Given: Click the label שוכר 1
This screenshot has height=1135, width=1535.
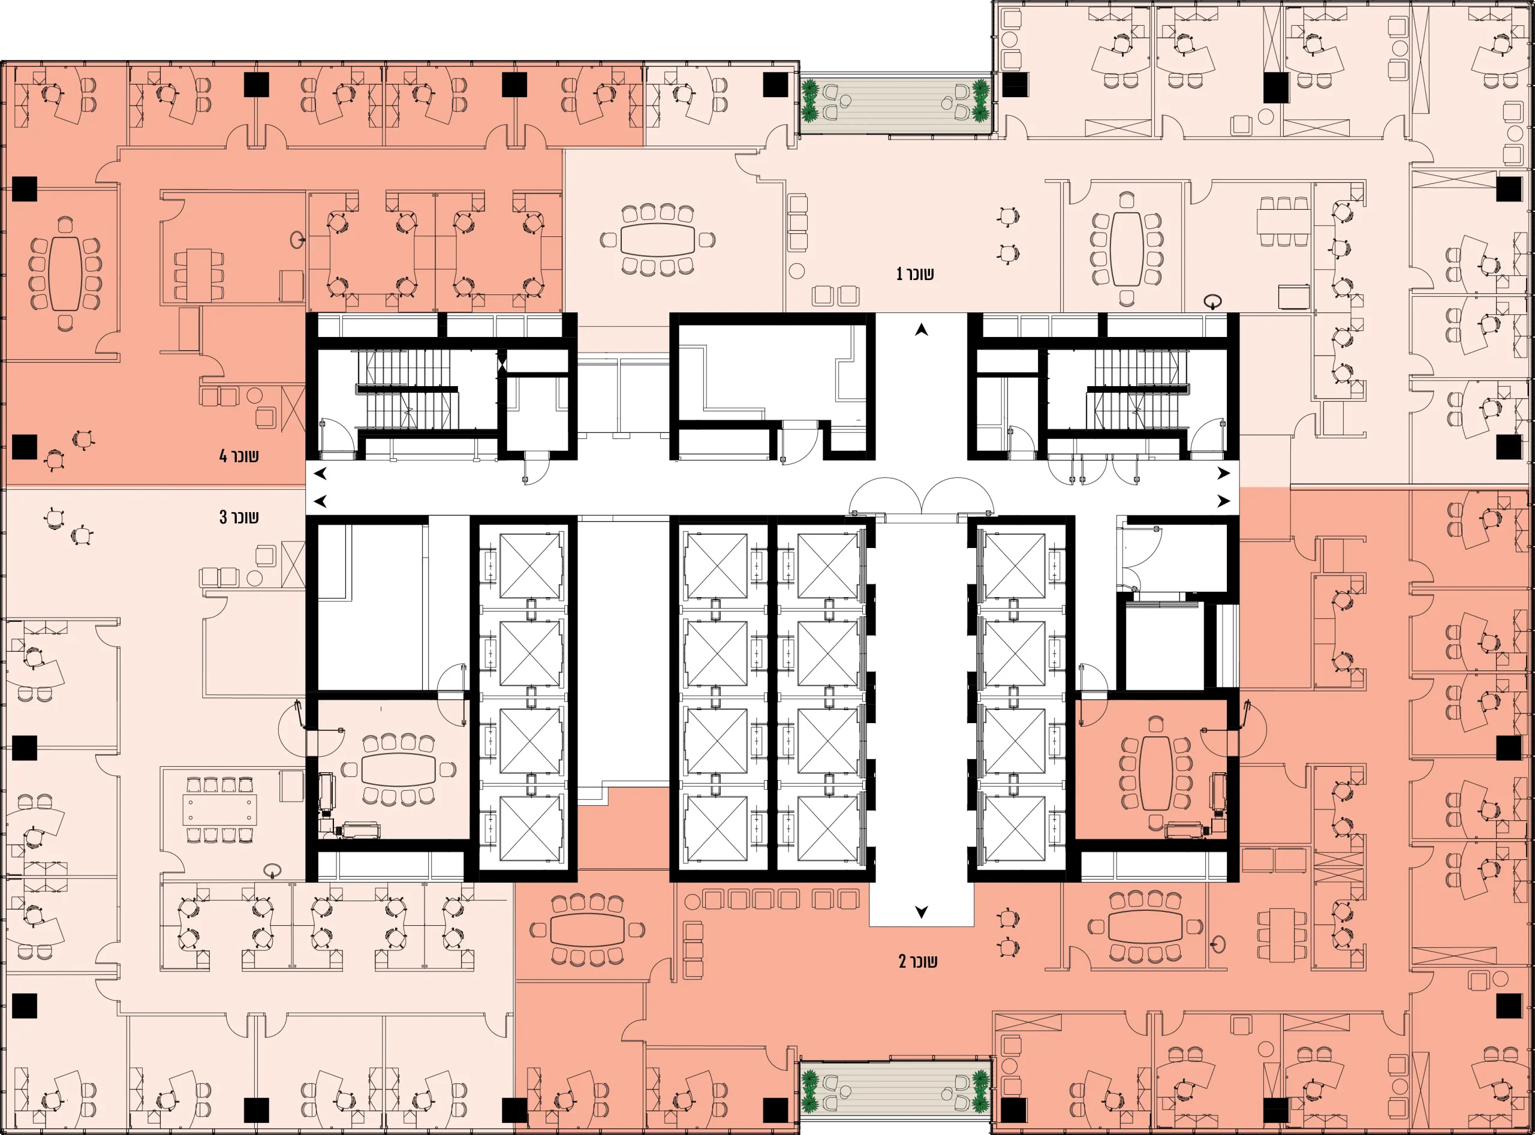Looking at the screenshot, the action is pyautogui.click(x=914, y=273).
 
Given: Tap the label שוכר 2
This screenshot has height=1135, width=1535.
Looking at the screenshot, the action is pyautogui.click(x=918, y=961).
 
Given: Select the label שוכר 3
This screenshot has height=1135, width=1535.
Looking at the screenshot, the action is pyautogui.click(x=239, y=517).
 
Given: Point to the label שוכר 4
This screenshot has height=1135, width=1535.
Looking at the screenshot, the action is pyautogui.click(x=239, y=456).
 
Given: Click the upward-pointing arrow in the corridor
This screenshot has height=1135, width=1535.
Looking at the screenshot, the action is pyautogui.click(x=922, y=330).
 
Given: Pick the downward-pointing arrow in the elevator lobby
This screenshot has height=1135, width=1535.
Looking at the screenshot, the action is pyautogui.click(x=922, y=912).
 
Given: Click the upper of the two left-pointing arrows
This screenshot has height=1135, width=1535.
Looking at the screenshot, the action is pyautogui.click(x=320, y=474).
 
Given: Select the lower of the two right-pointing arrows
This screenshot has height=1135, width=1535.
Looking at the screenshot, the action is pyautogui.click(x=1224, y=501).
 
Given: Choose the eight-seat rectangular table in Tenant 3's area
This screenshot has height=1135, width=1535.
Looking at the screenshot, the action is pyautogui.click(x=220, y=809).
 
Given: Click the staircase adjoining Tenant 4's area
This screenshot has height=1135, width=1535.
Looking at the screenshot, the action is pyautogui.click(x=407, y=389).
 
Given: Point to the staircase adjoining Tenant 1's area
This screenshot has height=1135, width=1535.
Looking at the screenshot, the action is pyautogui.click(x=1137, y=389).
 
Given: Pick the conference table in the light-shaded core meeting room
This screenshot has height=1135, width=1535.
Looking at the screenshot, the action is pyautogui.click(x=399, y=769).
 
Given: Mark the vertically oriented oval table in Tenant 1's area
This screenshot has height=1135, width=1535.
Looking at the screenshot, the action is pyautogui.click(x=1127, y=249).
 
